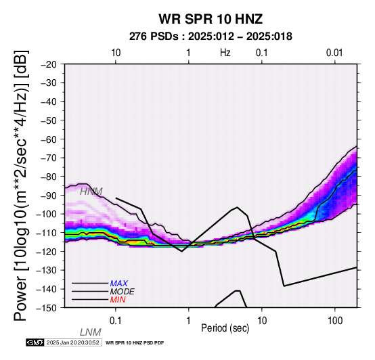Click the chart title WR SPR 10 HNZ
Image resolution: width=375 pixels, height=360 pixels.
click(211, 19)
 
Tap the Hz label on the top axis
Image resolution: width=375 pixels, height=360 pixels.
click(225, 53)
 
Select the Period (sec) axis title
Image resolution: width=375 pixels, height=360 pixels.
click(225, 328)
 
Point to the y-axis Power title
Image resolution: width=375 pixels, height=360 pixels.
click(21, 185)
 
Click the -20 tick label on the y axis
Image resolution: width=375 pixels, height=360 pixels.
click(49, 64)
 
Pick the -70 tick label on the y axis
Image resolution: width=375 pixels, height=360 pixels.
click(49, 158)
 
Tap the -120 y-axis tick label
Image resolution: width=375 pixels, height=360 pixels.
click(47, 252)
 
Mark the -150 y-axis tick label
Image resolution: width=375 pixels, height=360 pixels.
click(47, 308)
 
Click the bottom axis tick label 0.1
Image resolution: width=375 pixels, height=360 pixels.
click(116, 321)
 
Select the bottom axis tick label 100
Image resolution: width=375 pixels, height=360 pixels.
click(335, 321)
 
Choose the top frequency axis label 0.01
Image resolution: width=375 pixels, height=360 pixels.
click(334, 53)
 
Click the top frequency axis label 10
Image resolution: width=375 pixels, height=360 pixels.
click(116, 53)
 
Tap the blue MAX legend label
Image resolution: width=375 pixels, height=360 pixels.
click(119, 284)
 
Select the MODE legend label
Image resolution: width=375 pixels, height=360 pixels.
click(123, 292)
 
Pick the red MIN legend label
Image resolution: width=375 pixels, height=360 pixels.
click(118, 300)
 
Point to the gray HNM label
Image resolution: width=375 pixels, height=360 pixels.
click(91, 192)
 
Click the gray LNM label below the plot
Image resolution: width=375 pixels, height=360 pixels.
click(90, 332)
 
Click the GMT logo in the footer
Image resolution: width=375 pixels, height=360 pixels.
click(35, 342)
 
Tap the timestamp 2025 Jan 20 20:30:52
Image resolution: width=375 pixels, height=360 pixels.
click(72, 342)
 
